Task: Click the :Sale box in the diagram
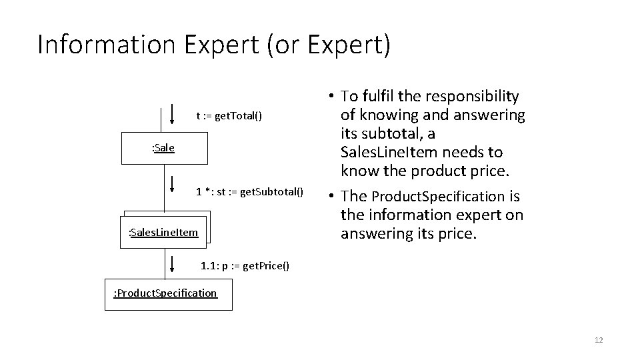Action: pos(164,148)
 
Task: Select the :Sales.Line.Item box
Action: pos(163,232)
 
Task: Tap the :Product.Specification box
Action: pos(168,293)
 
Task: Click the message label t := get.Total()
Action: pos(229,116)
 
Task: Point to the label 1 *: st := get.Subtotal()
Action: pos(249,192)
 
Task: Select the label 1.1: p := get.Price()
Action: pos(245,266)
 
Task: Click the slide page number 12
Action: pos(598,341)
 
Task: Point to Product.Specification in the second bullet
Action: pos(438,197)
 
